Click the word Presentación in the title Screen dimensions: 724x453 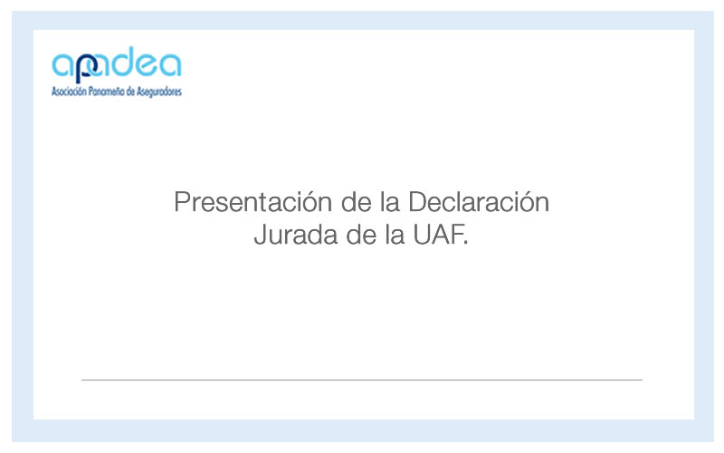coord(253,202)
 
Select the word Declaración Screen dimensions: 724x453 coord(479,202)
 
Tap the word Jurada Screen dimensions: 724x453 coord(297,235)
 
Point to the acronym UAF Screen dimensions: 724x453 coord(441,235)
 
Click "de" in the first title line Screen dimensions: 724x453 coord(357,202)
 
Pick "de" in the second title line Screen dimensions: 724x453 coord(361,235)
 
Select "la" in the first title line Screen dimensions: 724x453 coord(390,202)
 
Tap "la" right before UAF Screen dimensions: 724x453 coord(395,235)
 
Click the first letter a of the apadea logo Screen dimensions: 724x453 coord(63,65)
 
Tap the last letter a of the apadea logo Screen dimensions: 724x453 coord(170,64)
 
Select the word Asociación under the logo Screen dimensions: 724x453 coord(69,92)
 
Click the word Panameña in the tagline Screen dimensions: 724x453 coord(106,92)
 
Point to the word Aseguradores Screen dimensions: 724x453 coord(159,92)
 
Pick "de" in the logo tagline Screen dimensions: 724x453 coord(130,92)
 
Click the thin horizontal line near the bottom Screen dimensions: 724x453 coord(362,380)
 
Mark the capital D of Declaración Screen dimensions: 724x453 coord(417,202)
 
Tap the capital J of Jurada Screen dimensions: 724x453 coord(261,235)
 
